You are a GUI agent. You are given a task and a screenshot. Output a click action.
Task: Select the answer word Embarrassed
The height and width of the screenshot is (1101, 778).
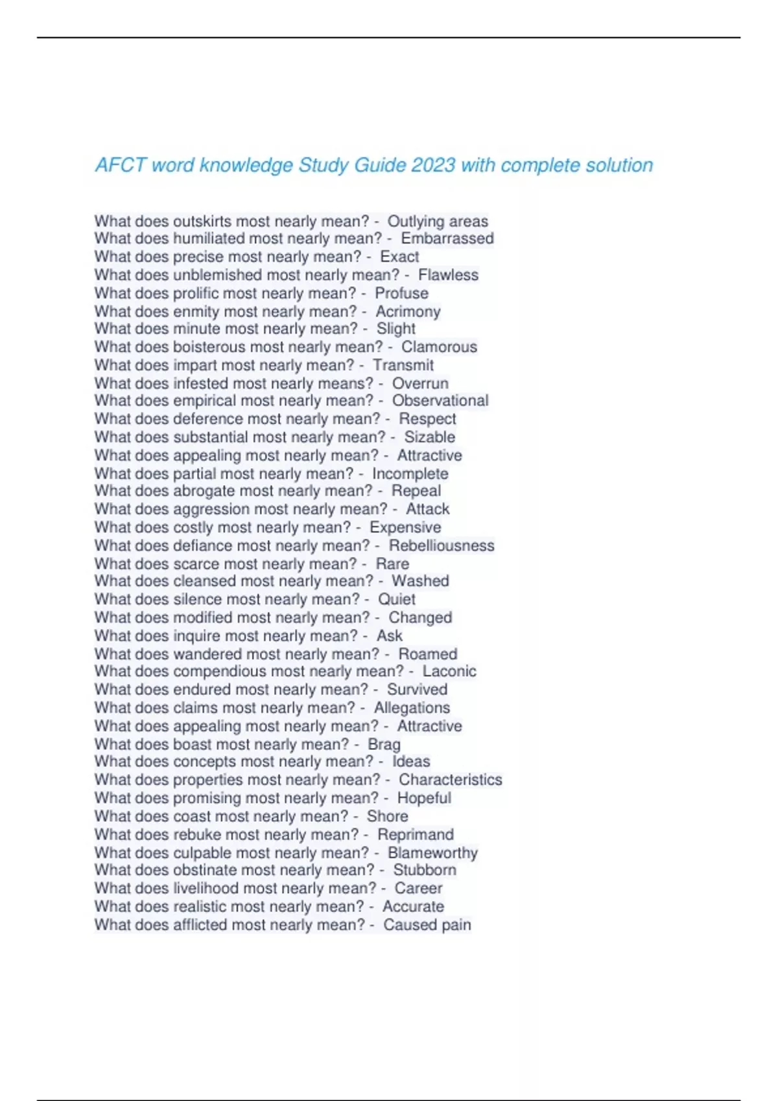[447, 238]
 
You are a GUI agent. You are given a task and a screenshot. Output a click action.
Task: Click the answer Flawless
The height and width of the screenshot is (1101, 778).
[448, 275]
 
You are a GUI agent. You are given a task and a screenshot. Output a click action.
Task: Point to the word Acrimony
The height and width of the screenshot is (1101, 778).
[408, 312]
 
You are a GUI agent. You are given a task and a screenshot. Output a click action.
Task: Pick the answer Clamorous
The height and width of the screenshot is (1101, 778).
[439, 346]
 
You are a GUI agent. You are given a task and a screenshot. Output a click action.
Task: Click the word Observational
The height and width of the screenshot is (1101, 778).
[440, 400]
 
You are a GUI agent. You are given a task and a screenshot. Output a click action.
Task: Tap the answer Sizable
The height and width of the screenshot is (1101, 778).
[429, 437]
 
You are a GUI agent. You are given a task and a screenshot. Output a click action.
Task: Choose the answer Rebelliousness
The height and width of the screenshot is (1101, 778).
[442, 545]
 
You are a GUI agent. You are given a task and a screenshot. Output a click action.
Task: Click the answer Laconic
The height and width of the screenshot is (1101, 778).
[449, 671]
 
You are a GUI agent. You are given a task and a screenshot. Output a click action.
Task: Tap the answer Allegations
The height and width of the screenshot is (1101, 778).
[412, 708]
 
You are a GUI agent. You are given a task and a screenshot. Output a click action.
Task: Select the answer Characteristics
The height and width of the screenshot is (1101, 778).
[450, 780]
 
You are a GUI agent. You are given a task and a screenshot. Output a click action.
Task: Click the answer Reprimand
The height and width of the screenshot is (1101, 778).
[416, 834]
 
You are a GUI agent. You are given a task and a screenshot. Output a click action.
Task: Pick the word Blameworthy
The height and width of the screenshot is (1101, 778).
[432, 853]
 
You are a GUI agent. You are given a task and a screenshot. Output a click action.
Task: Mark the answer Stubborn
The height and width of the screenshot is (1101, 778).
[425, 870]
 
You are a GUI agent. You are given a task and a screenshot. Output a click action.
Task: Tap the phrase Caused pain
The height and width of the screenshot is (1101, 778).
[427, 925]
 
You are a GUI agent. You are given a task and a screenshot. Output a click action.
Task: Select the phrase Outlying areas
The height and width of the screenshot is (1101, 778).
[438, 221]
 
